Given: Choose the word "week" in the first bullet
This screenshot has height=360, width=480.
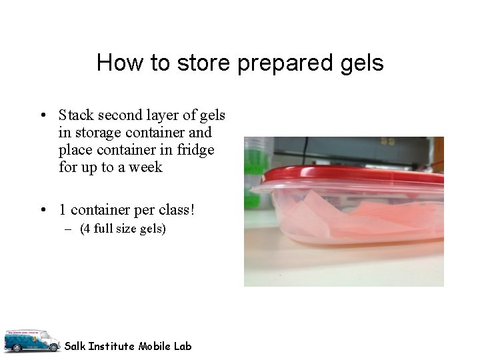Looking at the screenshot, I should pyautogui.click(x=145, y=167).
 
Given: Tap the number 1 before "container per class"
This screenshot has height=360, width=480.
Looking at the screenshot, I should pyautogui.click(x=63, y=210).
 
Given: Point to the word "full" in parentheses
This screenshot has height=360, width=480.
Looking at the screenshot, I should pyautogui.click(x=102, y=229).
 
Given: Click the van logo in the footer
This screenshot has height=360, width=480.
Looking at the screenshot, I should pyautogui.click(x=31, y=341).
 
